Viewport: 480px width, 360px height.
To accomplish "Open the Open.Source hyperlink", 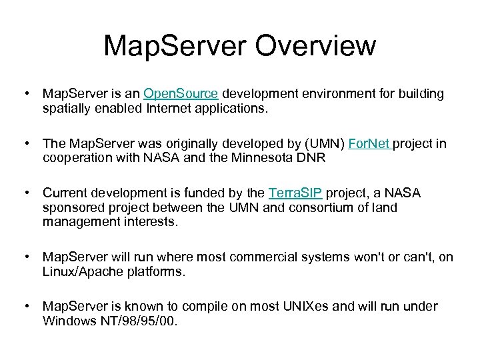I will pos(181,94).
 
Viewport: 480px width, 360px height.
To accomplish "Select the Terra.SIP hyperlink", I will pos(295,193).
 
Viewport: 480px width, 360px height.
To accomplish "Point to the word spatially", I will pos(69,109).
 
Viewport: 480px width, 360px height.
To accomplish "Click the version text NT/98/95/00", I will pos(137,321).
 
